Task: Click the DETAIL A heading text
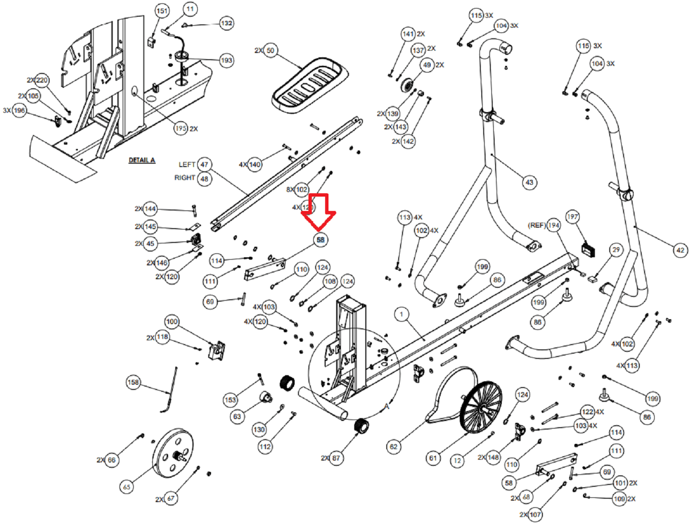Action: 142,160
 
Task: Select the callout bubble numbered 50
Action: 270,51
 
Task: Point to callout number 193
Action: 226,60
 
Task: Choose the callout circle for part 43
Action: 529,182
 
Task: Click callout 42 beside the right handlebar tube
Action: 680,250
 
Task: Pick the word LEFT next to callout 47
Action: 187,165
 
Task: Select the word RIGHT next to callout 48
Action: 184,178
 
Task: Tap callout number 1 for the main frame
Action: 402,314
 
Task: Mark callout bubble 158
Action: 133,382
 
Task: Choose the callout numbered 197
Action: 572,217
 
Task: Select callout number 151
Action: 162,11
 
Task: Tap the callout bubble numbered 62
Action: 393,447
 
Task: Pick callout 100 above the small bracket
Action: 172,322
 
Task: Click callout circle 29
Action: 616,250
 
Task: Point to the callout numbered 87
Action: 336,458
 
